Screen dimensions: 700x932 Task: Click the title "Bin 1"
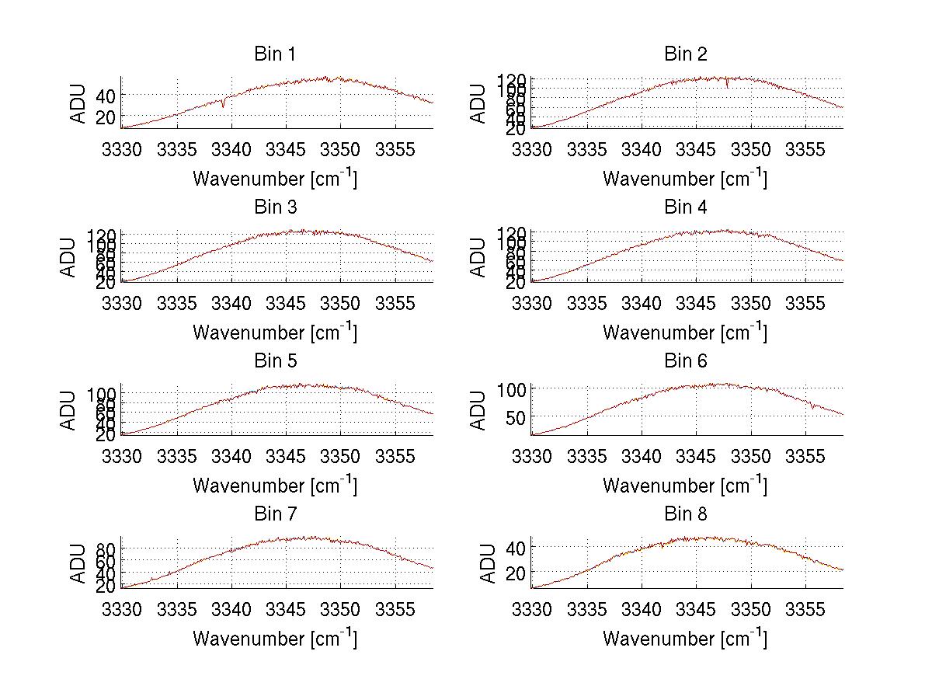(275, 54)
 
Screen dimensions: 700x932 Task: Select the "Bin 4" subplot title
(685, 207)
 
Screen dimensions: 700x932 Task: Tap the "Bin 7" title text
(275, 514)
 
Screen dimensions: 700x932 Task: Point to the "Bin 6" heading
(685, 361)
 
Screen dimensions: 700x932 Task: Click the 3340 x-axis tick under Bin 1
(231, 150)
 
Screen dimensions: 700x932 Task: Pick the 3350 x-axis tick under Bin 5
(341, 457)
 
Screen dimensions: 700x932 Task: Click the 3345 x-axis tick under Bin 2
(696, 150)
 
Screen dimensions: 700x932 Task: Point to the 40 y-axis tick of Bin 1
(105, 95)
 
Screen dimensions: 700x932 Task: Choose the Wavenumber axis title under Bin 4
(685, 333)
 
